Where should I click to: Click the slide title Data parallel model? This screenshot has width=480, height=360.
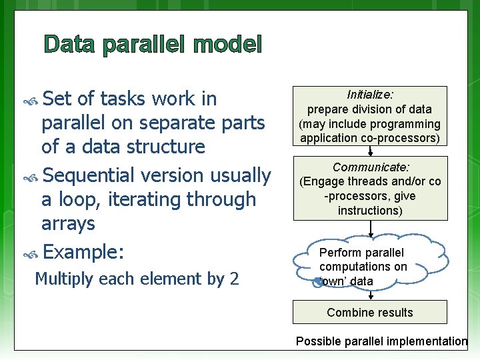click(x=153, y=45)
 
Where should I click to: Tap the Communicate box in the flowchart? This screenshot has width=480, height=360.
click(x=371, y=189)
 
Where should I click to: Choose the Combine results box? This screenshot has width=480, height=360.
click(x=371, y=312)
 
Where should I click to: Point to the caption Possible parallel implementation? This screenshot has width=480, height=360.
click(x=381, y=341)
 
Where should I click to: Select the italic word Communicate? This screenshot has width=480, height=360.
click(x=371, y=167)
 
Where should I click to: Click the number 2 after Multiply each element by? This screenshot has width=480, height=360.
click(x=234, y=279)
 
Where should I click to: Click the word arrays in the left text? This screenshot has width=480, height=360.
click(x=68, y=223)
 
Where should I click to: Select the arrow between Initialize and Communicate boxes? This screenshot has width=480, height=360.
click(x=371, y=153)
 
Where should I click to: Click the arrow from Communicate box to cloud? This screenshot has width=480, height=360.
click(x=371, y=227)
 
